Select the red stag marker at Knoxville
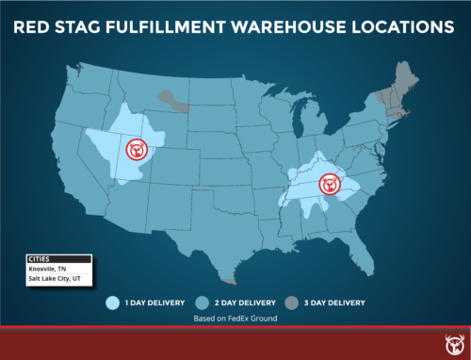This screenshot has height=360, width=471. [330, 184]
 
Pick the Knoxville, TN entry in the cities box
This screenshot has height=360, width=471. [47, 269]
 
